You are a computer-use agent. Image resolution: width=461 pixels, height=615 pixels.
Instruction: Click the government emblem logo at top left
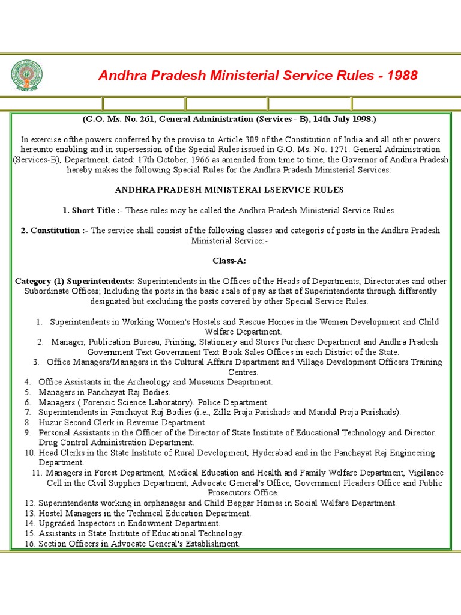point(26,74)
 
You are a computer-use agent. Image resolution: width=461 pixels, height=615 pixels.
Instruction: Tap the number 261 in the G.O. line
point(149,119)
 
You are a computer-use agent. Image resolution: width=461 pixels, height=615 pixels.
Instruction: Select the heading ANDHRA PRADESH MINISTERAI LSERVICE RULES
point(229,190)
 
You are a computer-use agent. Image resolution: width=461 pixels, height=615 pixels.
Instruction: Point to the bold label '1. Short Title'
point(90,210)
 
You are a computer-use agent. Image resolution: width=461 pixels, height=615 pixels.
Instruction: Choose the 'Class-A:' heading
point(229,261)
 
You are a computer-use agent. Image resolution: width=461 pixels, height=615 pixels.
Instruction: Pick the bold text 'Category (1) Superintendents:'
point(75,281)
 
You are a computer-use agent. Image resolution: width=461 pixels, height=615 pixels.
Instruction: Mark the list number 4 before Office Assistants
point(28,382)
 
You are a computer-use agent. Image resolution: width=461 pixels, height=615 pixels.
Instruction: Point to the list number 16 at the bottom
point(30,544)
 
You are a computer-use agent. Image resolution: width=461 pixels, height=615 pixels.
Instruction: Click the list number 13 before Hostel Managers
point(30,514)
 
